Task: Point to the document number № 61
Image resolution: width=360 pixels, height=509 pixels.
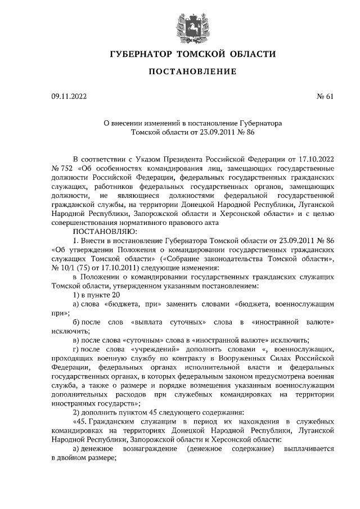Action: (325, 97)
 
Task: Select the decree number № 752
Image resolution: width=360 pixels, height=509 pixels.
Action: (62, 168)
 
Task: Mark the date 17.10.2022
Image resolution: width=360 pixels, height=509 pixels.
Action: (313, 159)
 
